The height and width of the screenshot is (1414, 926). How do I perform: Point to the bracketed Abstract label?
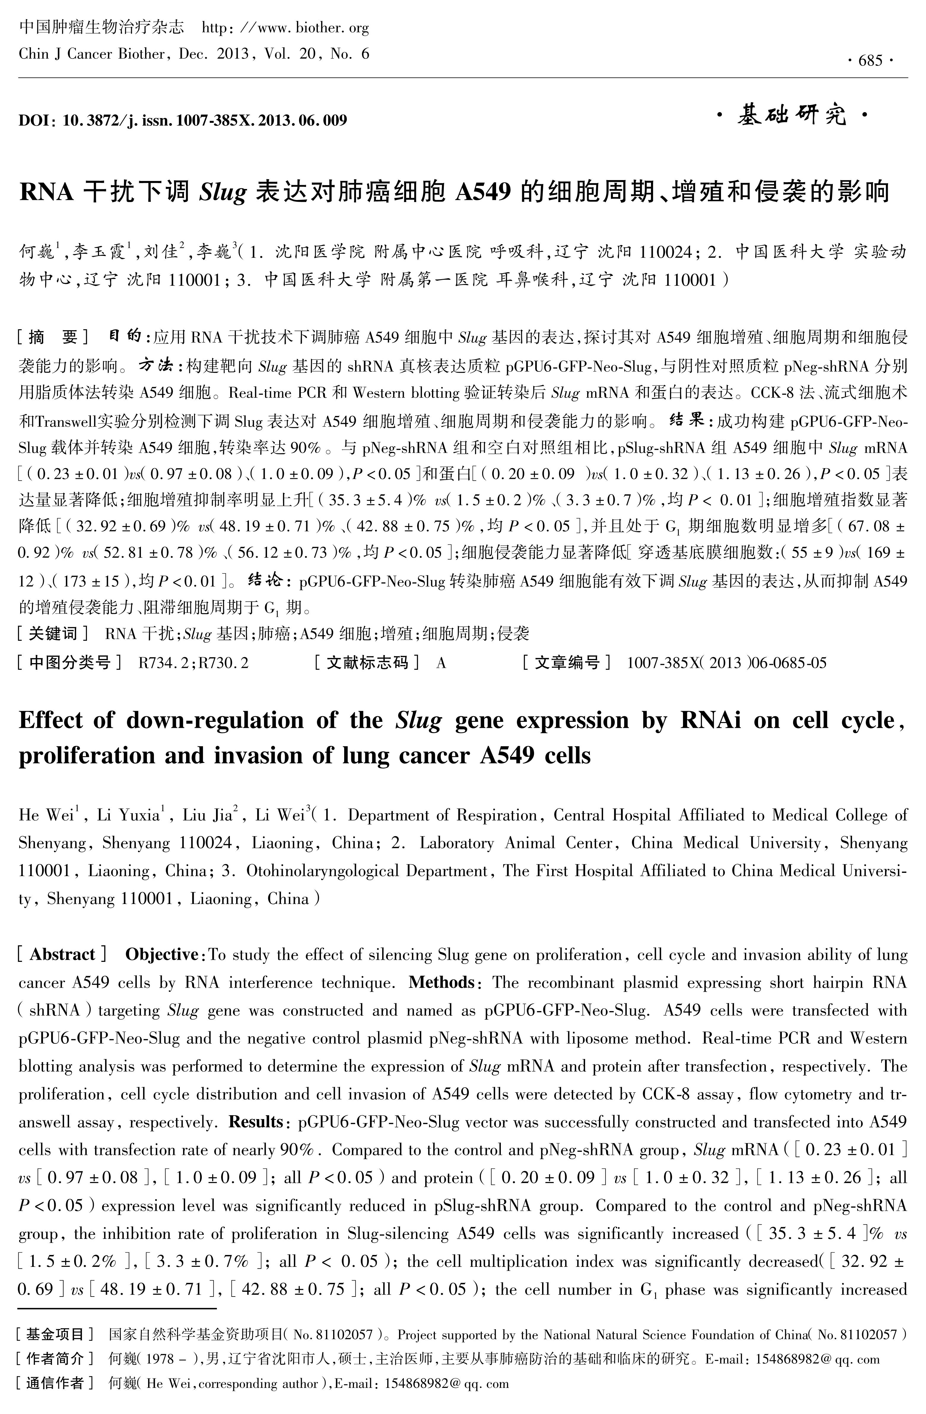click(62, 955)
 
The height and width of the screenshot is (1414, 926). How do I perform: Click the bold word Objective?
click(162, 955)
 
